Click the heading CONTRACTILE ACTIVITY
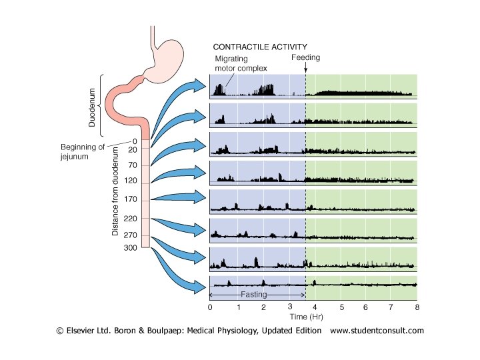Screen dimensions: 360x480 [x=260, y=47]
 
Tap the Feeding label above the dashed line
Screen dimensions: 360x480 [x=306, y=58]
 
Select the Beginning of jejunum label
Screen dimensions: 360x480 [x=83, y=152]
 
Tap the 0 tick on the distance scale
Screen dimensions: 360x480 [x=134, y=141]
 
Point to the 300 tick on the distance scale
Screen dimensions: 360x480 [x=130, y=247]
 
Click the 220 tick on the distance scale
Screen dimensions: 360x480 [x=130, y=218]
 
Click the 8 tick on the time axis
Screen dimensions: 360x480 [x=416, y=307]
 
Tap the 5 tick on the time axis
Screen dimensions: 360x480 [x=341, y=307]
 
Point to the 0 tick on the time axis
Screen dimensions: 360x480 [x=210, y=307]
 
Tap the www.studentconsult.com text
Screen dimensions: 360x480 [x=377, y=331]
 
